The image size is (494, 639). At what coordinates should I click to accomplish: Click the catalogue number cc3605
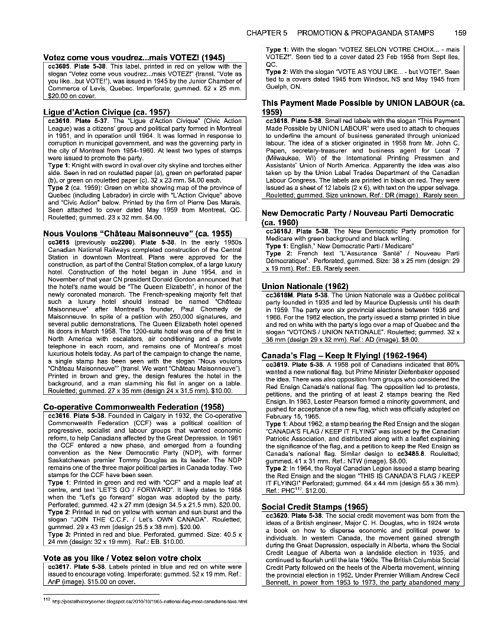click(57, 67)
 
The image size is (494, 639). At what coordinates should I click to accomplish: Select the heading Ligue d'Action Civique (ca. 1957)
click(107, 112)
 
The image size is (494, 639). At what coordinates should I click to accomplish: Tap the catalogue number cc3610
click(57, 121)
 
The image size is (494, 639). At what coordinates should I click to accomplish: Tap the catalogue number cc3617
click(57, 566)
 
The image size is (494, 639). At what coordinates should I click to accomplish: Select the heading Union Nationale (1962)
click(305, 286)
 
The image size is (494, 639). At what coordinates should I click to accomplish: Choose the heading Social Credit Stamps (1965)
click(314, 507)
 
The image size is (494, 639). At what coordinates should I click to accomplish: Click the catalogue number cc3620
click(277, 515)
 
